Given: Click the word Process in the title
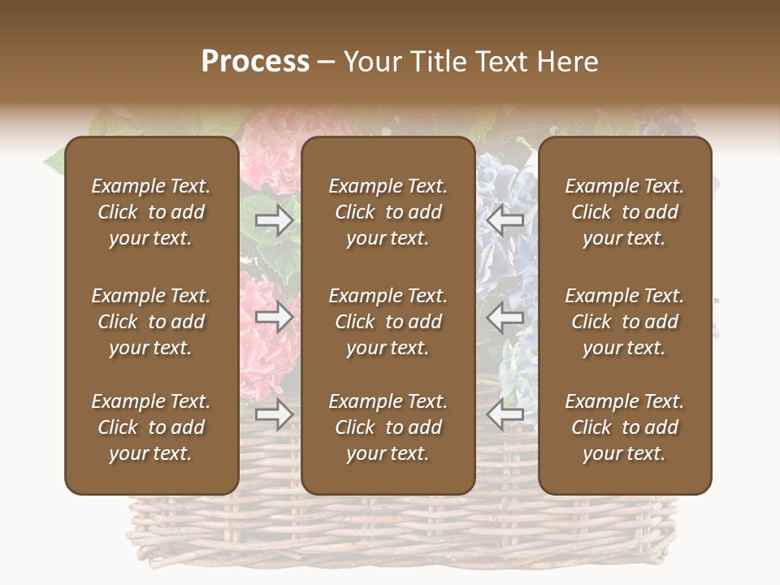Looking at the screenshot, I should coord(255,62).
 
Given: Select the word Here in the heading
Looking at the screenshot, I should coord(567,62).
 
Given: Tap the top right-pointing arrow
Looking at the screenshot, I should coord(274,220).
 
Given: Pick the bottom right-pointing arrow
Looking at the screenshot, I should coord(274,414).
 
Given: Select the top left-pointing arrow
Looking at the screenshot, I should coord(505,220).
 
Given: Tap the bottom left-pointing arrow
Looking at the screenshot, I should coord(505,414).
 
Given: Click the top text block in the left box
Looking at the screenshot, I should coord(151,212).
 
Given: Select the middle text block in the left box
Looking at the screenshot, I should coord(151,322).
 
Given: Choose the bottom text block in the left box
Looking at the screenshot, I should coord(151,427).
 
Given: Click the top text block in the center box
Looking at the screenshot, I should coord(388,212).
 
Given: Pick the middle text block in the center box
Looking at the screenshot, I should coord(388,322).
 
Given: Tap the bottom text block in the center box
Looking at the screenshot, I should coord(388,427).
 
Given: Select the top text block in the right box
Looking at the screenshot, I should coord(624,212).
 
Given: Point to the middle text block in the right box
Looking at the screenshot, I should coord(624,322).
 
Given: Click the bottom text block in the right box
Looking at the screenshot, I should coord(624,427).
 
